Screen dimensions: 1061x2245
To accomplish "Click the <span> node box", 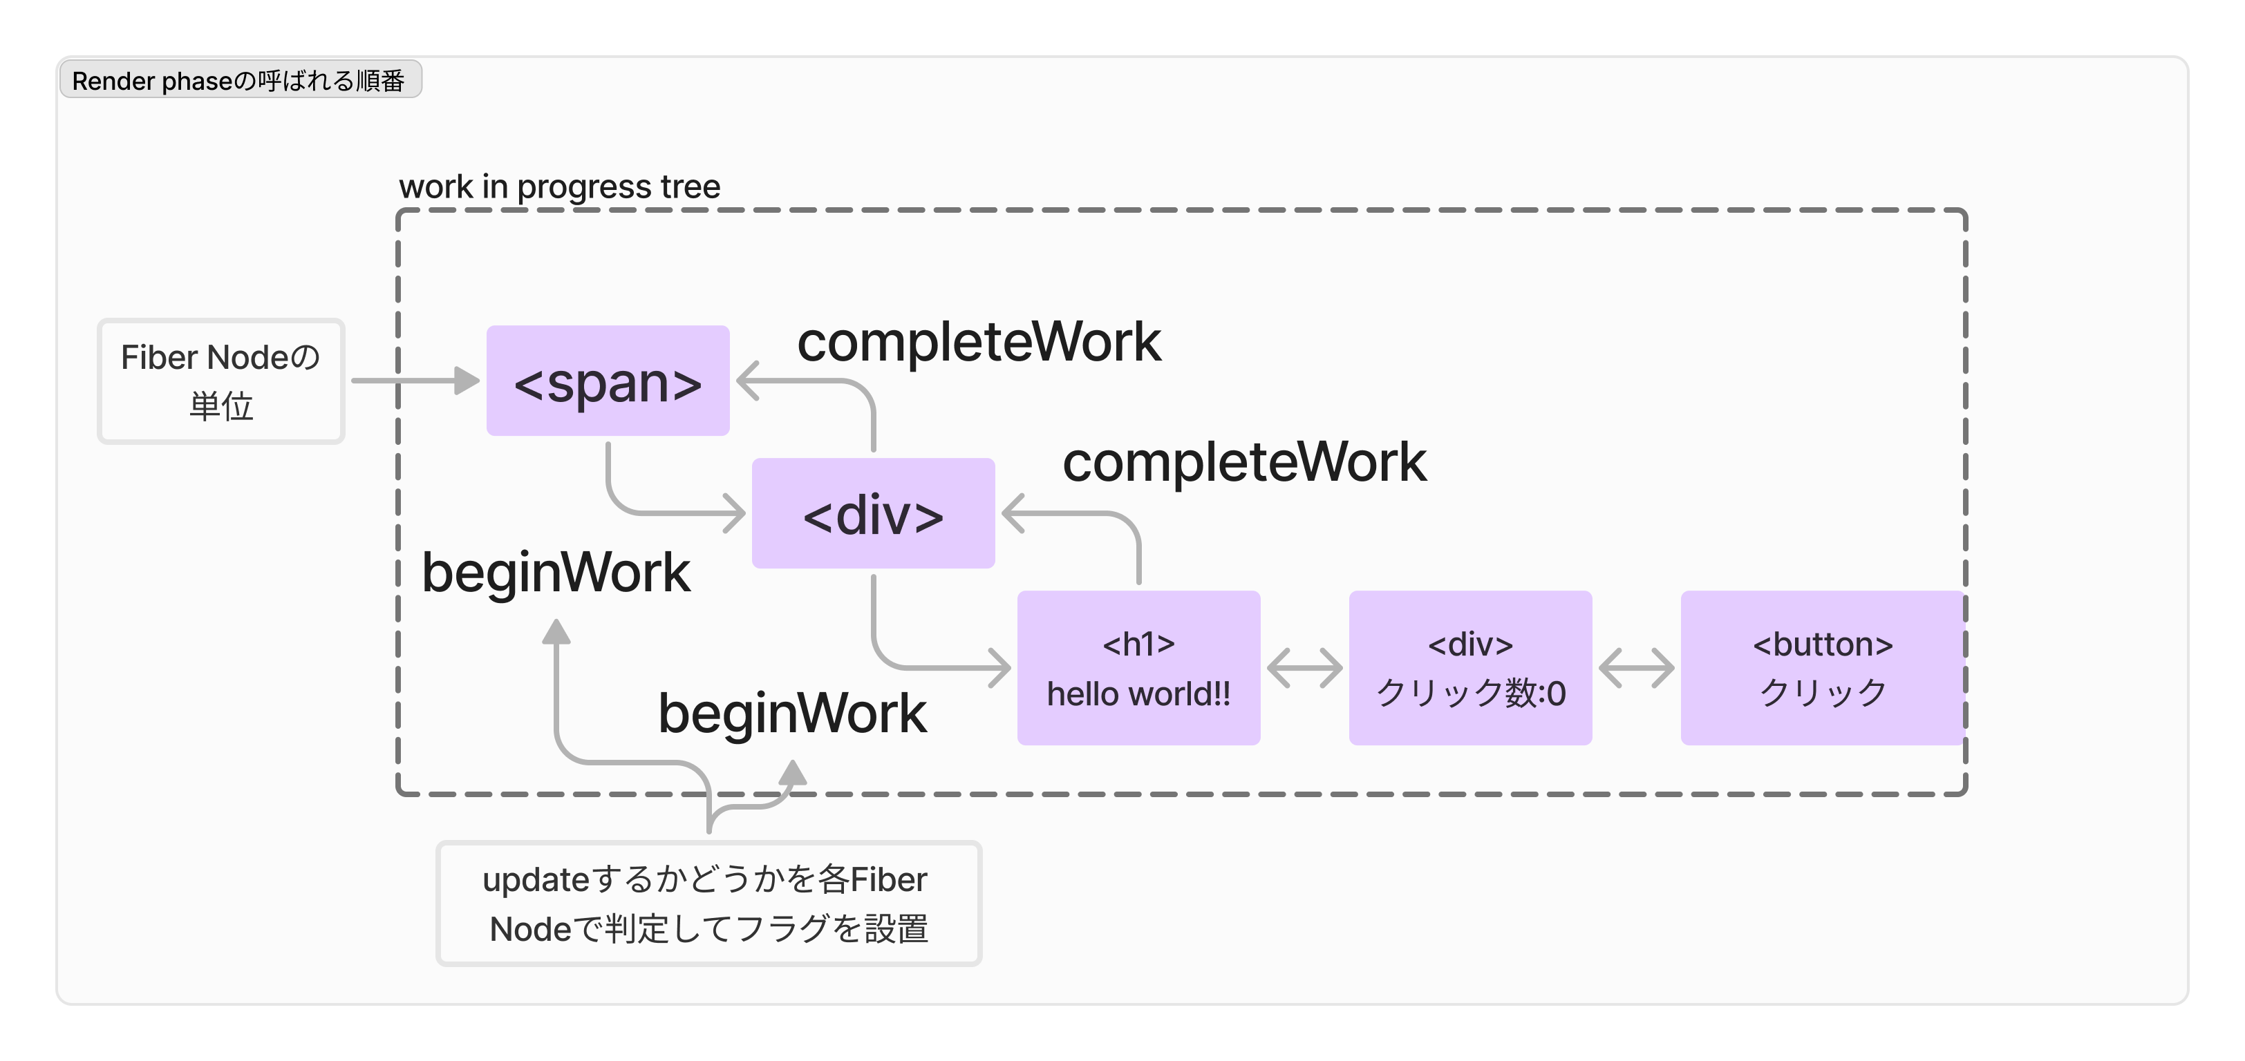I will pyautogui.click(x=608, y=381).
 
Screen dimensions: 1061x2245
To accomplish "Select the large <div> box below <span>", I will pyautogui.click(x=872, y=513).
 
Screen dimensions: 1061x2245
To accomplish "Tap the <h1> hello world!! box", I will pyautogui.click(x=1138, y=667).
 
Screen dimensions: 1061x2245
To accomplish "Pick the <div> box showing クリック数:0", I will pyautogui.click(x=1470, y=667).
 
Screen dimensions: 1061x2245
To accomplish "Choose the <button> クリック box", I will pyautogui.click(x=1821, y=667).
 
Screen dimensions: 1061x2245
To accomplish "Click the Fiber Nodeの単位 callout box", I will pyautogui.click(x=220, y=381).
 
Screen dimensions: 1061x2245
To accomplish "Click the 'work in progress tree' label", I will pyautogui.click(x=559, y=187).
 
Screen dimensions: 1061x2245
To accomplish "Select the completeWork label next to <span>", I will pyautogui.click(x=979, y=341).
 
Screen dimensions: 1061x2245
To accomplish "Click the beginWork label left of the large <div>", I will pyautogui.click(x=556, y=573).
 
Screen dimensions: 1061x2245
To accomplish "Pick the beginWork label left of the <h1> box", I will pyautogui.click(x=792, y=714).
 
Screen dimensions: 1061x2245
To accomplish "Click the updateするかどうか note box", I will pyautogui.click(x=708, y=904).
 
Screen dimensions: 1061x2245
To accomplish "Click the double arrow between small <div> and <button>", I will pyautogui.click(x=1636, y=668).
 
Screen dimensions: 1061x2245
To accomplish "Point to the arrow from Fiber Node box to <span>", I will pyautogui.click(x=415, y=381).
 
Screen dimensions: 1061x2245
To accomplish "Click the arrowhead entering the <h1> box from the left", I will pyautogui.click(x=1000, y=668).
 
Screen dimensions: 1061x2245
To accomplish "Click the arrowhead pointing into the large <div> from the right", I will pyautogui.click(x=1013, y=513).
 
